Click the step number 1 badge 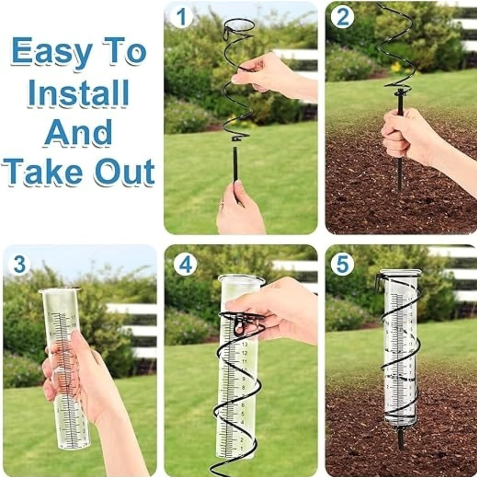point(181,18)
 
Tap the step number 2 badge point(342,18)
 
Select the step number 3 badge point(19,264)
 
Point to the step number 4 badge point(185,264)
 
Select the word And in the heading point(78,132)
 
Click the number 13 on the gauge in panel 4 point(245,344)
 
